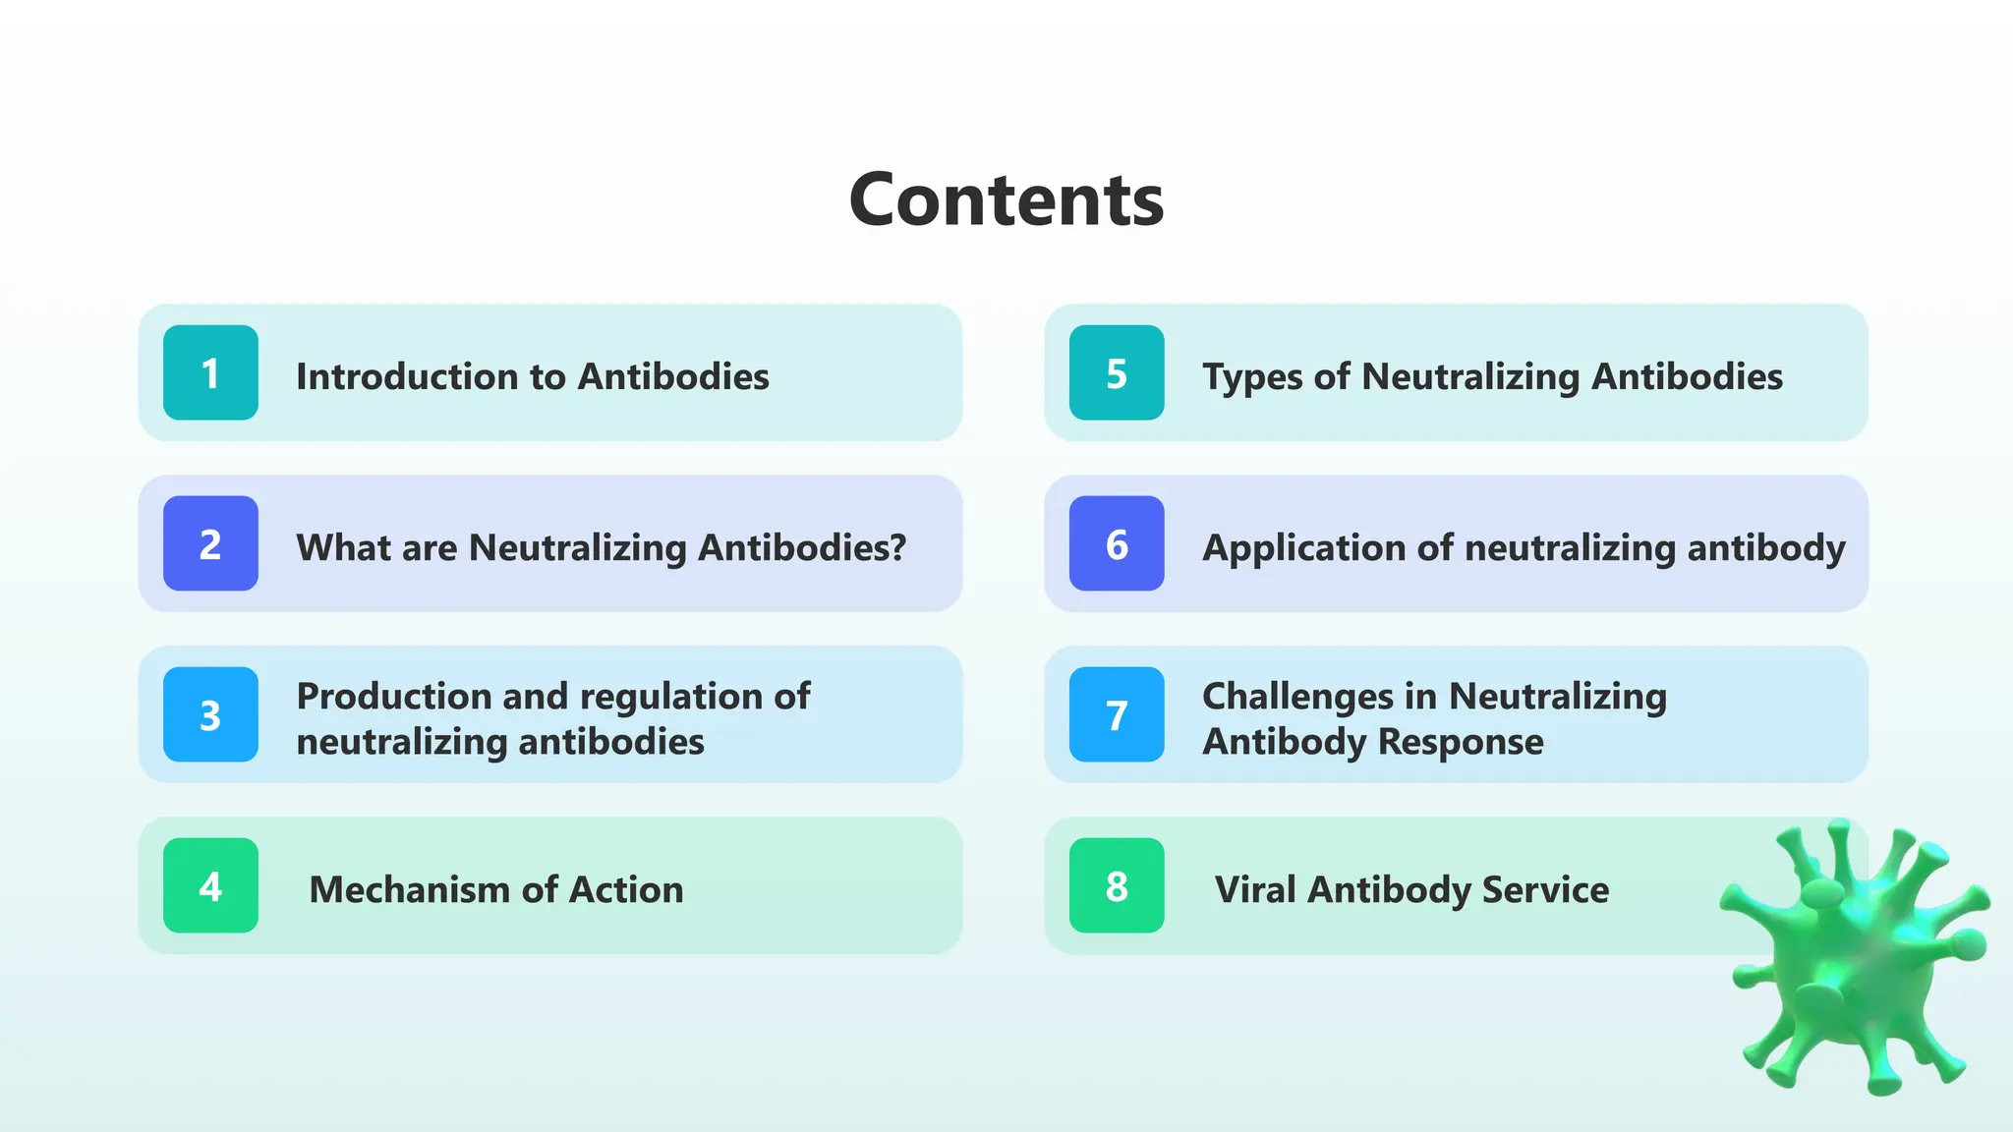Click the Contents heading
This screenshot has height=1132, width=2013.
(1006, 199)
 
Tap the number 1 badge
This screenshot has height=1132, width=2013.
(210, 372)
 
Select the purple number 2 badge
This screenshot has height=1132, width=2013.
(210, 543)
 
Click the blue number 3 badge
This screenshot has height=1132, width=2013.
(210, 714)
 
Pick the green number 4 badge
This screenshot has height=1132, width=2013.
(210, 885)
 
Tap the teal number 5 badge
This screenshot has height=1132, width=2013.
(1117, 372)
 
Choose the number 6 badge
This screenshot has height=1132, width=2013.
(1117, 543)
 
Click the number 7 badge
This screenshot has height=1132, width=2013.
(1117, 714)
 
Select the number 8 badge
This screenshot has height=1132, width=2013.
(1117, 885)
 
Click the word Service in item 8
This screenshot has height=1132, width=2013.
(1545, 890)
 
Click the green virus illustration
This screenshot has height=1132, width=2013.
(1857, 958)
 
